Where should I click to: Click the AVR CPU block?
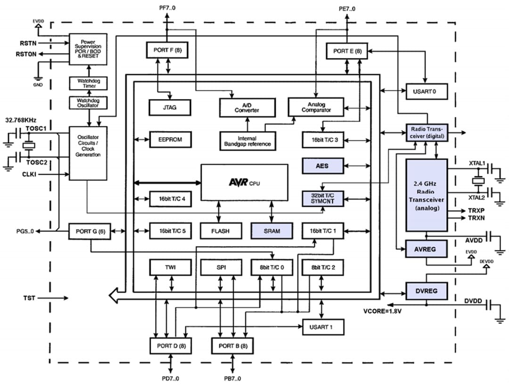244,182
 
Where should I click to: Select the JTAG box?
169,107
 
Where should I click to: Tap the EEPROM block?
169,139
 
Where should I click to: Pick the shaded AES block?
322,166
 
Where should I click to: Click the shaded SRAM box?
271,231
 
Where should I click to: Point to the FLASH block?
221,231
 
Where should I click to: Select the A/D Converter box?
247,107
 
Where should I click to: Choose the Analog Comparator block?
316,107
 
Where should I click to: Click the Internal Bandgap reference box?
247,141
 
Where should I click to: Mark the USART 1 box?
323,327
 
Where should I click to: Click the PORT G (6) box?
90,231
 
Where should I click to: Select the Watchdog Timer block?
89,83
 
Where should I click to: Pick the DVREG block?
426,291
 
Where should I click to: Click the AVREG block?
426,248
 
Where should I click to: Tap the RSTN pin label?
27,43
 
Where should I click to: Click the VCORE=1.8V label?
382,311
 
